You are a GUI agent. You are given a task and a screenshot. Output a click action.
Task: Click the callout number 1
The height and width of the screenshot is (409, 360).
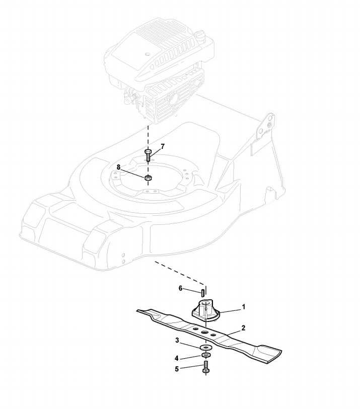tap(244, 306)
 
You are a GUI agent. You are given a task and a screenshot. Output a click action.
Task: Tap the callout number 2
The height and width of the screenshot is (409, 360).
tap(244, 328)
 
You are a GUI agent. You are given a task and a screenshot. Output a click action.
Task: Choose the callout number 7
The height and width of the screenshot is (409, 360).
tap(163, 146)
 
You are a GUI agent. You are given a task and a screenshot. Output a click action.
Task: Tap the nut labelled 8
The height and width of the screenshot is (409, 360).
tap(149, 178)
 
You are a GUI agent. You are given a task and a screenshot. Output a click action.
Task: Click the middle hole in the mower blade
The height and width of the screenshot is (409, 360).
tap(205, 333)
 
